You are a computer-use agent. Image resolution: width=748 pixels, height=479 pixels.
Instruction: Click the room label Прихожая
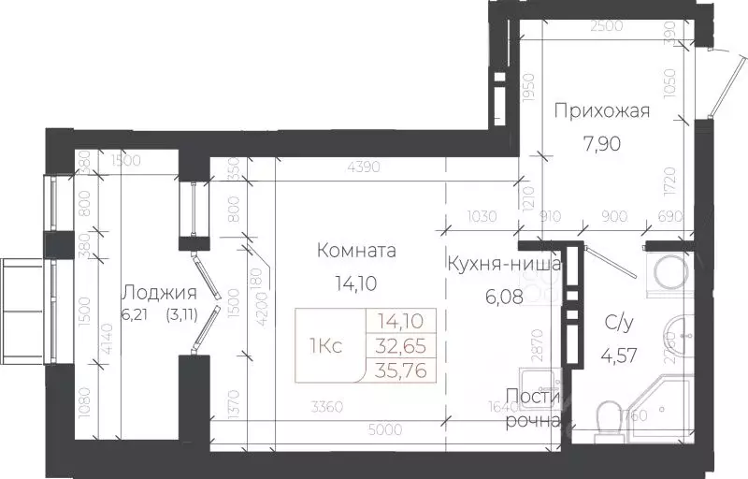point(601,112)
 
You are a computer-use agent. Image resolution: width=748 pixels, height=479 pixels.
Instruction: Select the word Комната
point(356,251)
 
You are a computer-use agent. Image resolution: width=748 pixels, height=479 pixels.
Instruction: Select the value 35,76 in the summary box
point(400,369)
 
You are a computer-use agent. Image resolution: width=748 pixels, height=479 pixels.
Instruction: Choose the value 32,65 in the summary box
point(400,345)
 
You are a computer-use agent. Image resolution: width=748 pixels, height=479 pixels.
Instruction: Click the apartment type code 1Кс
point(324,345)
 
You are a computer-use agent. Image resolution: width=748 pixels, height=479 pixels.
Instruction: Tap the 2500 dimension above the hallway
point(607,25)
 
